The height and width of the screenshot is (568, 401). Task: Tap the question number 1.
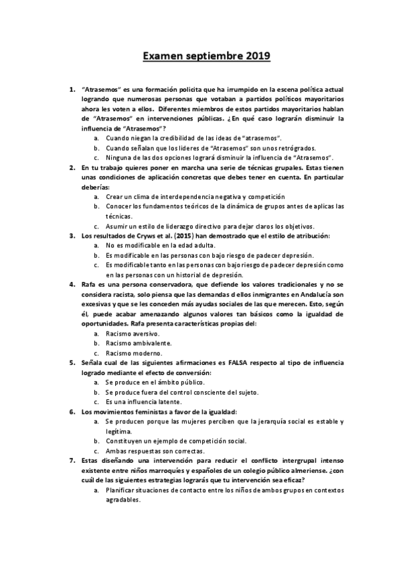click(72, 88)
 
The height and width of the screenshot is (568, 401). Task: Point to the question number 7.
click(72, 461)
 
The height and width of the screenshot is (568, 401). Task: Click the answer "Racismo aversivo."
click(132, 333)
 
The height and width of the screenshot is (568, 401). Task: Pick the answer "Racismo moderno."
click(133, 352)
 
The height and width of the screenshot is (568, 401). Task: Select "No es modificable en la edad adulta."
click(159, 245)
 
